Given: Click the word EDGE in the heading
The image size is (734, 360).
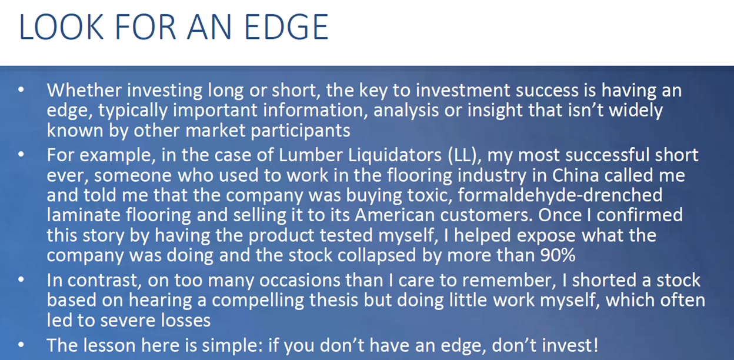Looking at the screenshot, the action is (286, 27).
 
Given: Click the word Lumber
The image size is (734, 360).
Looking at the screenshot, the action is (311, 155).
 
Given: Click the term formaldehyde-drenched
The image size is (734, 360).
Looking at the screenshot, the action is (560, 195).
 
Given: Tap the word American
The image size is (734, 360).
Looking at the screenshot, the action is (395, 215).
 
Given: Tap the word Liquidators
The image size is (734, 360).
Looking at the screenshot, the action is (395, 155).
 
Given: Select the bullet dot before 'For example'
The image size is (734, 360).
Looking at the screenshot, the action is (21, 154).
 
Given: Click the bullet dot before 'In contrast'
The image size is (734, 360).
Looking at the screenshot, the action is (21, 279).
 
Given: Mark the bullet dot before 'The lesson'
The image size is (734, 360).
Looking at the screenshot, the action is (21, 345).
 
